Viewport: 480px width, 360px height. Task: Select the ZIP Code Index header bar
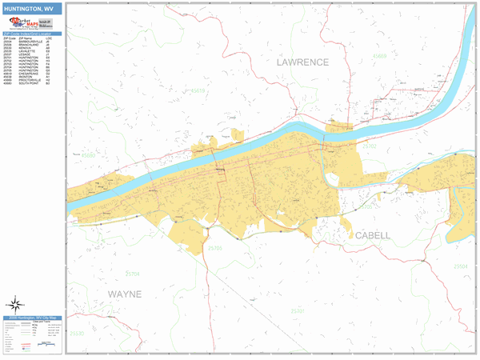click(32, 34)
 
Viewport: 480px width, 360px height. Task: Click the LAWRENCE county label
click(303, 62)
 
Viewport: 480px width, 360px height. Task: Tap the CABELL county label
click(372, 236)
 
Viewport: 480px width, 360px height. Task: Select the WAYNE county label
click(124, 294)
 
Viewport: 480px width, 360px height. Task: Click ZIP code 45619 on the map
click(196, 91)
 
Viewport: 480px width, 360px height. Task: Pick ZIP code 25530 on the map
click(76, 333)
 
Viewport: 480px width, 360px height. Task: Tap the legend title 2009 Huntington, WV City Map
click(32, 318)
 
